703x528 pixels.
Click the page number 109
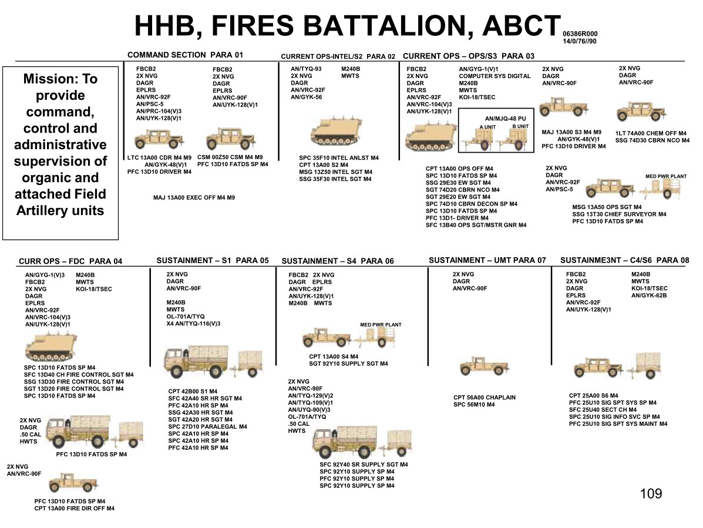pyautogui.click(x=651, y=493)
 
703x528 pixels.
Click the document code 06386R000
pyautogui.click(x=580, y=33)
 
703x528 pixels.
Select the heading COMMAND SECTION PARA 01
pyautogui.click(x=185, y=55)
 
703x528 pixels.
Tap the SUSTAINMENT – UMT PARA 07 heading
pyautogui.click(x=487, y=260)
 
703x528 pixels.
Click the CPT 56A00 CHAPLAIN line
pyautogui.click(x=484, y=397)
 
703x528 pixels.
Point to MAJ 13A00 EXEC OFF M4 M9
pyautogui.click(x=194, y=197)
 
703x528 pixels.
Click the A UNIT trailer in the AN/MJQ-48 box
pyautogui.click(x=477, y=139)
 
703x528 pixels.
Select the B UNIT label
pyautogui.click(x=520, y=126)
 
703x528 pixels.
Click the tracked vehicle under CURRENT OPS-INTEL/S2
pyautogui.click(x=336, y=131)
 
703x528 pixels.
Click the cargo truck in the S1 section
pyautogui.click(x=197, y=361)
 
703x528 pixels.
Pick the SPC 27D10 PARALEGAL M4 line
pyautogui.click(x=207, y=426)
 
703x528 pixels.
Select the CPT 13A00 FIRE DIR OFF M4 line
pyautogui.click(x=75, y=508)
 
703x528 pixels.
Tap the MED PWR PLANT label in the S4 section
pyautogui.click(x=381, y=325)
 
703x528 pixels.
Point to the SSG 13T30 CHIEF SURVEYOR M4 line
pyautogui.click(x=619, y=214)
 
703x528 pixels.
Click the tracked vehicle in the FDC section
pyautogui.click(x=51, y=347)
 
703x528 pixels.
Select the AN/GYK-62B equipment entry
pyautogui.click(x=649, y=295)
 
